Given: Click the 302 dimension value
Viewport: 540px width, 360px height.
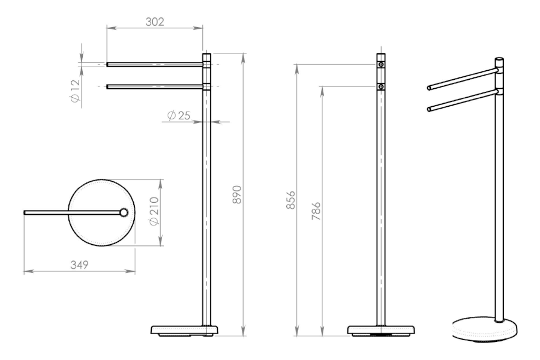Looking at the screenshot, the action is pos(155,22).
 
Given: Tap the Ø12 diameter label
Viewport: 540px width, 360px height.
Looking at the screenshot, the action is pos(75,91).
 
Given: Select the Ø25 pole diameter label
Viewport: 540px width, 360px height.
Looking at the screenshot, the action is pos(178,115).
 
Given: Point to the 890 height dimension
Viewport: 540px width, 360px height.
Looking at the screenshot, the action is pos(237,194).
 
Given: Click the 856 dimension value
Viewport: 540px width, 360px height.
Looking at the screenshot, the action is pos(290,200).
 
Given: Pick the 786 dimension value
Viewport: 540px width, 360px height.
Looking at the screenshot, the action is pos(316,211).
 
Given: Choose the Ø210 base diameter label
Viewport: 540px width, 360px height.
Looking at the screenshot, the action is pos(154,211).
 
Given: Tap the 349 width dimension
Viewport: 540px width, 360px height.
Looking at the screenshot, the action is pos(80,265).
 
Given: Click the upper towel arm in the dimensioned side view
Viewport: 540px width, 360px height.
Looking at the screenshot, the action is pos(155,64).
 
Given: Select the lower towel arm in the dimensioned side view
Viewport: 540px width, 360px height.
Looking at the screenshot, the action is pos(155,87).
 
